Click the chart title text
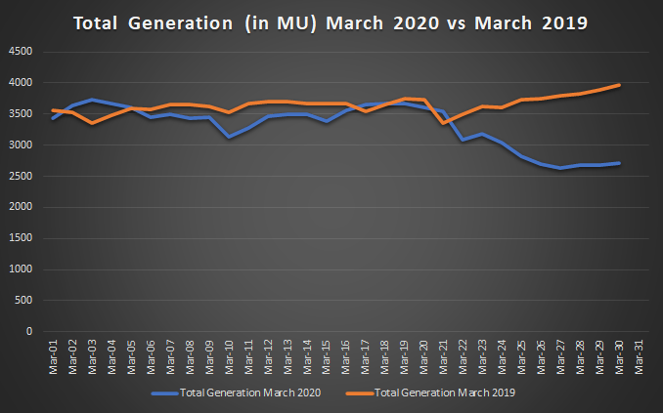[x=331, y=22]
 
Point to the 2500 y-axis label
[x=22, y=176]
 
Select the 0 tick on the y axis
[x=29, y=332]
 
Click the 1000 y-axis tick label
[x=22, y=269]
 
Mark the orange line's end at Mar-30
[x=620, y=85]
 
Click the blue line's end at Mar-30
[x=620, y=163]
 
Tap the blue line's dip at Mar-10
[x=229, y=137]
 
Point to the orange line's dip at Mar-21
[x=444, y=123]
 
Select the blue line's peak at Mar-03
[x=92, y=100]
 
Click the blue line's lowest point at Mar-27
[x=561, y=168]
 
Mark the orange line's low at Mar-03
[x=92, y=123]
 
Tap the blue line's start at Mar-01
[x=53, y=117]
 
